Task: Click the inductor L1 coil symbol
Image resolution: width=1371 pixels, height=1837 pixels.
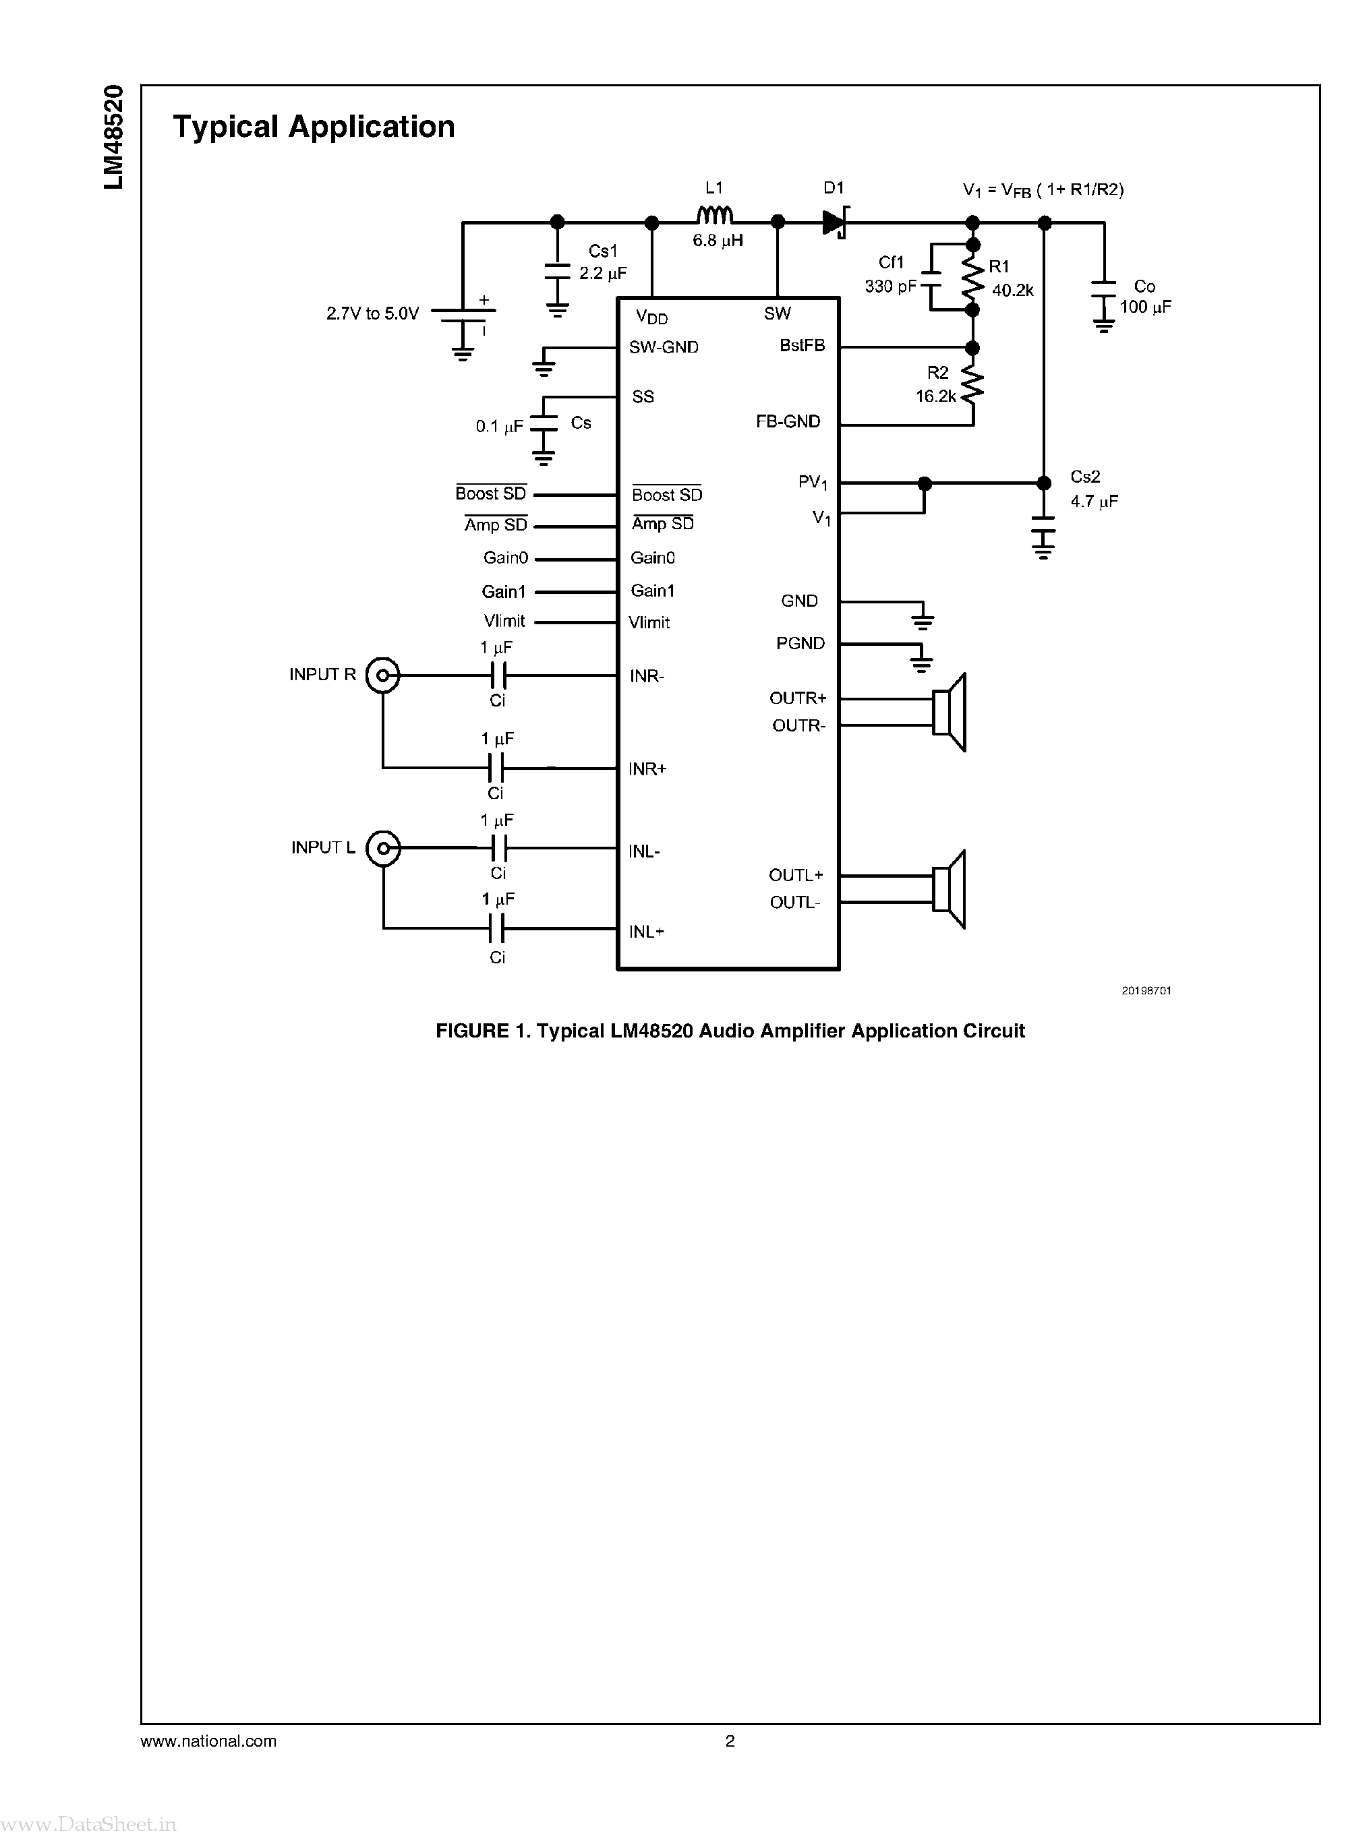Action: click(x=715, y=216)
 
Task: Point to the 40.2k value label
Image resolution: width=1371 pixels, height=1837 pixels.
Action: click(x=1012, y=291)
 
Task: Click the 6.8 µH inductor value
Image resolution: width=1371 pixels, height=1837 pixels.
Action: click(x=717, y=241)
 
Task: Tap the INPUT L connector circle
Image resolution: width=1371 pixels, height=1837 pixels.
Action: click(x=384, y=848)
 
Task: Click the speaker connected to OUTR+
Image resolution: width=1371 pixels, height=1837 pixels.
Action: click(x=949, y=712)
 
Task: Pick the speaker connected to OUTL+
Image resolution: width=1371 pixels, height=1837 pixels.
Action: click(x=949, y=889)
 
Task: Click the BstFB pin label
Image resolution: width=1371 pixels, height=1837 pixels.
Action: click(x=802, y=345)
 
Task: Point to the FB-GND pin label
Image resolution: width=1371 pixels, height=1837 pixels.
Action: click(x=788, y=421)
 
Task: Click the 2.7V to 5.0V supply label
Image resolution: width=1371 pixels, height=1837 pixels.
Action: click(x=373, y=313)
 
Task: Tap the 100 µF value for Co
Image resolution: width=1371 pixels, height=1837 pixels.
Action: click(x=1144, y=307)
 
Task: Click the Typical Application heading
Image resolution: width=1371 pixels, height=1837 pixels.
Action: click(x=314, y=127)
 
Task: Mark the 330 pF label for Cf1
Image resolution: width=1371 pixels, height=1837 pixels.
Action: click(x=890, y=287)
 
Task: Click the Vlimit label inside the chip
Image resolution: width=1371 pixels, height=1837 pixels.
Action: click(x=649, y=622)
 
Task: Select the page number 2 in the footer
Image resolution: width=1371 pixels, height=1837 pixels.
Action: click(x=730, y=1741)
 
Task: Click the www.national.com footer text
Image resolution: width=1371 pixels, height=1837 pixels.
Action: click(x=208, y=1741)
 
